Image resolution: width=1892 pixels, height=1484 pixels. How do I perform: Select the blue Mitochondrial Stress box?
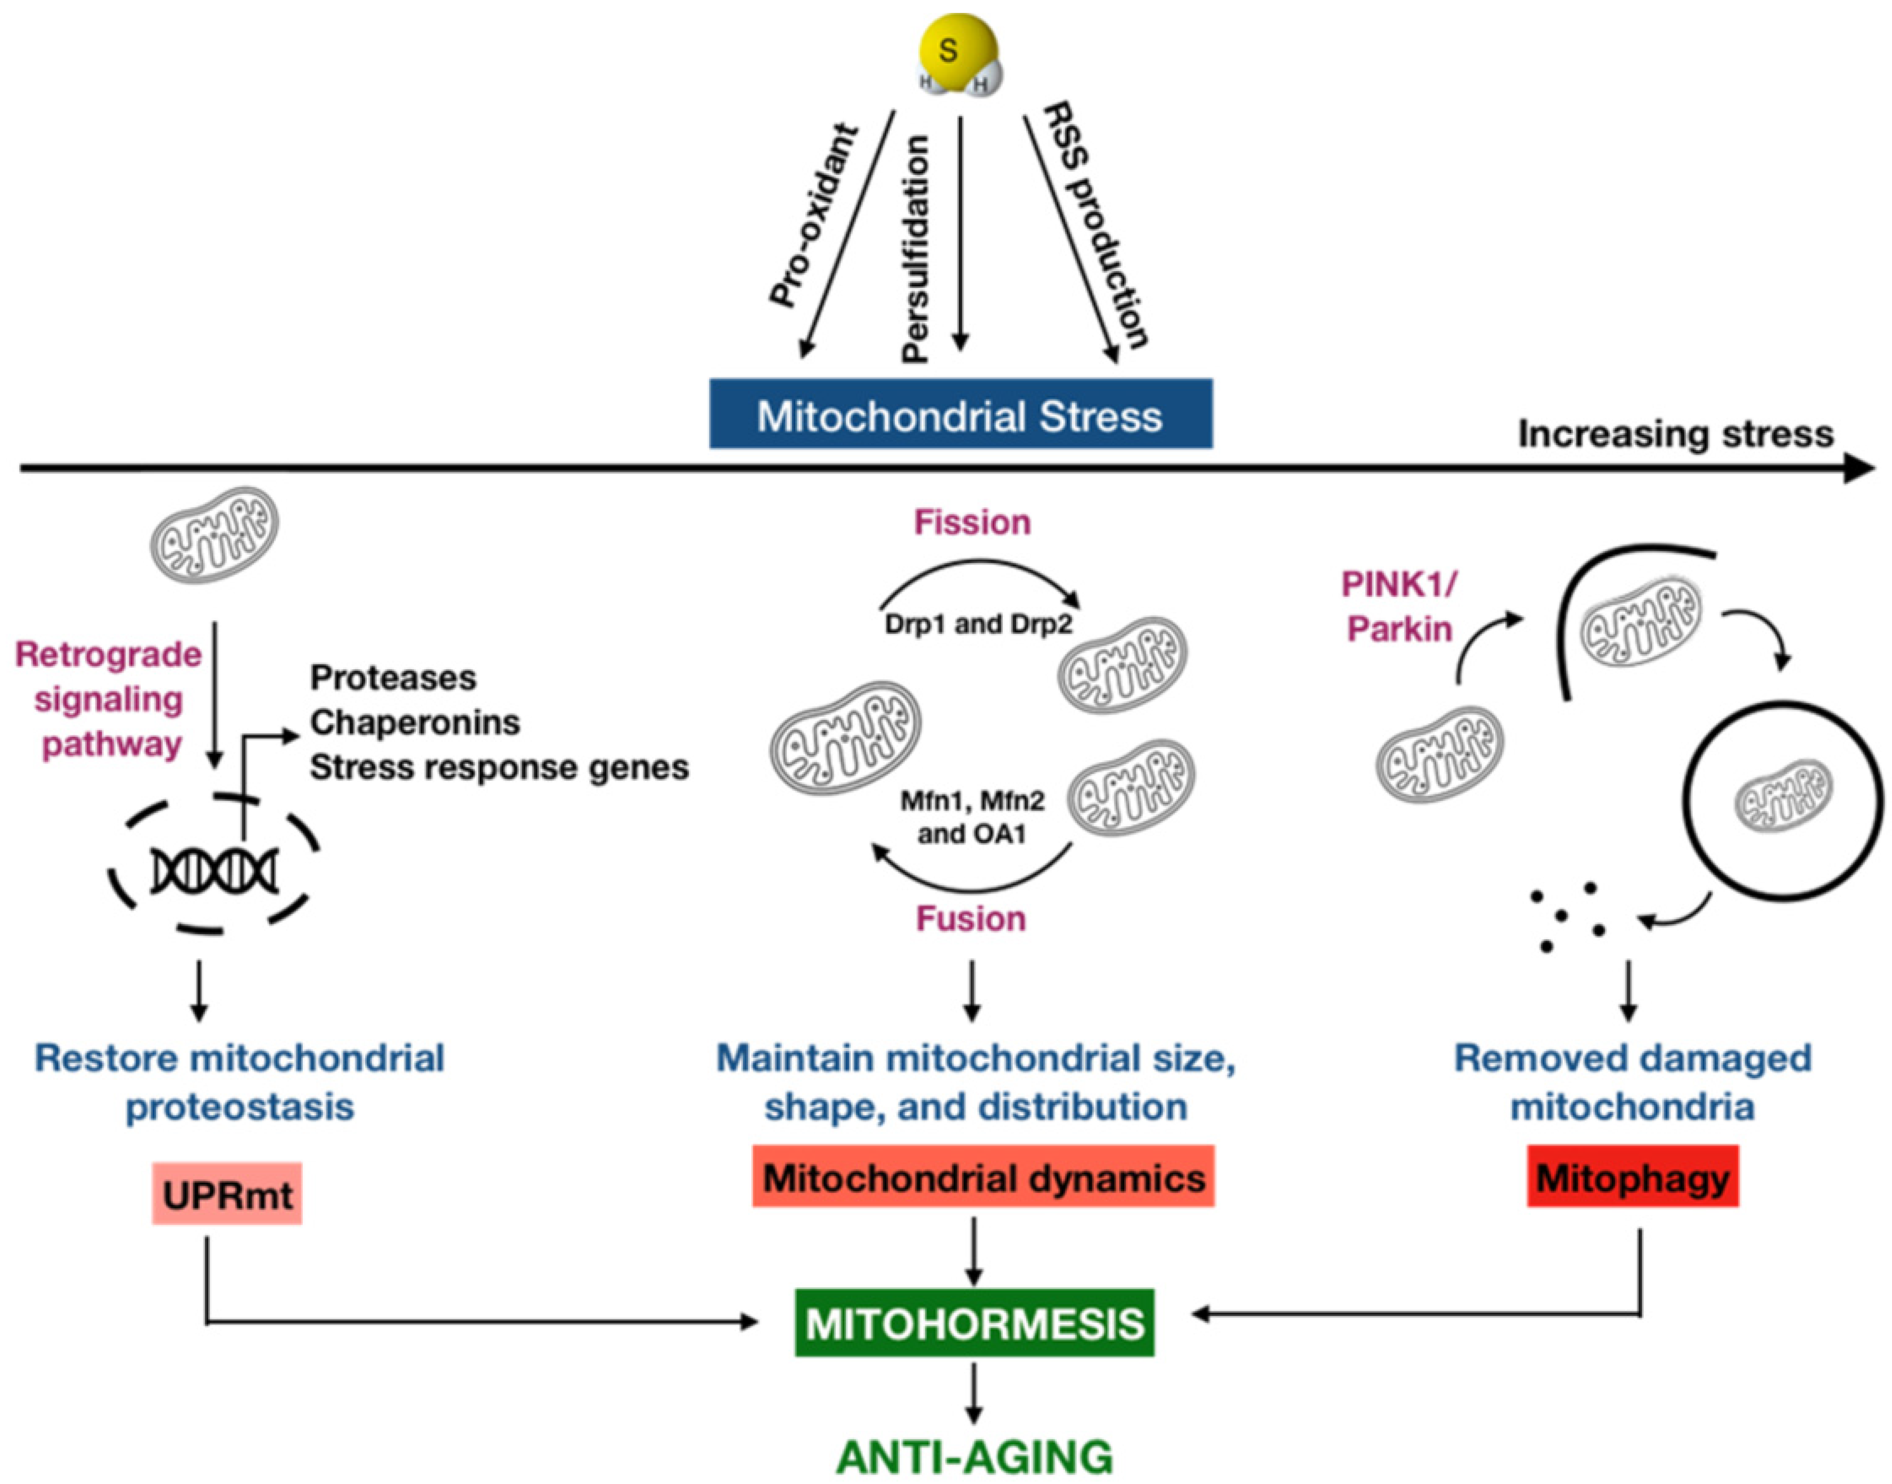[960, 415]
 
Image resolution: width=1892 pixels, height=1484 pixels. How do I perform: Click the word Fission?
[972, 522]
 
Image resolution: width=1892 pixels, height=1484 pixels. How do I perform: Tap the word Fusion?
[971, 919]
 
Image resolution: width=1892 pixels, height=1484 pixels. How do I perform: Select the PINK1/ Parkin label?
[1399, 607]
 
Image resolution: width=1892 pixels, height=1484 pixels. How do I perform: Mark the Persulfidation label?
[916, 249]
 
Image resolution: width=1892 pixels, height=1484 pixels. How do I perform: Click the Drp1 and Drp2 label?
[978, 624]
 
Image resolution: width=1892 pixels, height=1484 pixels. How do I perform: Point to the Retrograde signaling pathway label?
[108, 699]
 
